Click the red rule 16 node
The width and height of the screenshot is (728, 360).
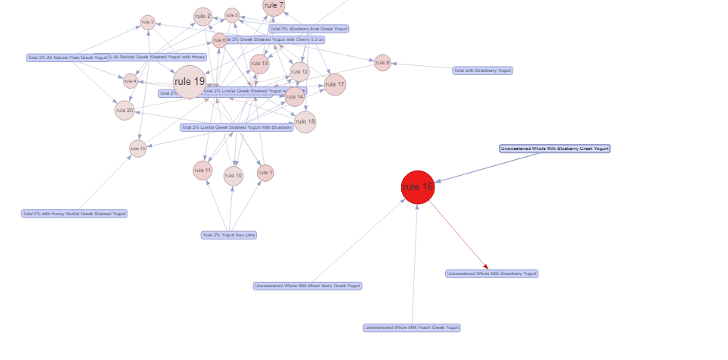click(x=418, y=187)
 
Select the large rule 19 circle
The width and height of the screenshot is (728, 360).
click(x=189, y=82)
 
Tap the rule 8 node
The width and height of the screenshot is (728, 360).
click(x=382, y=63)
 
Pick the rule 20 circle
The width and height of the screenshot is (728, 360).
click(x=124, y=111)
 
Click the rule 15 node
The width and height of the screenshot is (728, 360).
click(x=137, y=149)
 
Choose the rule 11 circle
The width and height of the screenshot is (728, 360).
click(x=202, y=171)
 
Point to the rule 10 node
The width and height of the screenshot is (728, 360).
click(x=234, y=176)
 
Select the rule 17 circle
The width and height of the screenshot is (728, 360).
click(x=334, y=85)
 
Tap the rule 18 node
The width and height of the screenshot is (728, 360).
click(x=305, y=121)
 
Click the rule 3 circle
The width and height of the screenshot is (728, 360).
click(x=232, y=15)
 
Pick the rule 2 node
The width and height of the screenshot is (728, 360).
click(x=202, y=16)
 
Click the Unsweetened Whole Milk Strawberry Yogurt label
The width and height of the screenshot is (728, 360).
click(x=492, y=274)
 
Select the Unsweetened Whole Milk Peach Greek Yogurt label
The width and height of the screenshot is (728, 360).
click(x=412, y=327)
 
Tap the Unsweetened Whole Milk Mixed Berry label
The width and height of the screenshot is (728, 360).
click(x=307, y=286)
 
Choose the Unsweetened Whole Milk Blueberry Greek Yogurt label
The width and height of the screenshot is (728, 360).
click(x=555, y=149)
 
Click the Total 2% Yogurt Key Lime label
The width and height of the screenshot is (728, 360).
click(x=229, y=235)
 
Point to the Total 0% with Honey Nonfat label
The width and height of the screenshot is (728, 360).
click(x=74, y=214)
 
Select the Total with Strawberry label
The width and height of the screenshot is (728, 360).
click(x=482, y=70)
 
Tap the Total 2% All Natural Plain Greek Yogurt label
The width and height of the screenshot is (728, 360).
click(x=67, y=58)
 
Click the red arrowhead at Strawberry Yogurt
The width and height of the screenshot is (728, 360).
click(x=485, y=266)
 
